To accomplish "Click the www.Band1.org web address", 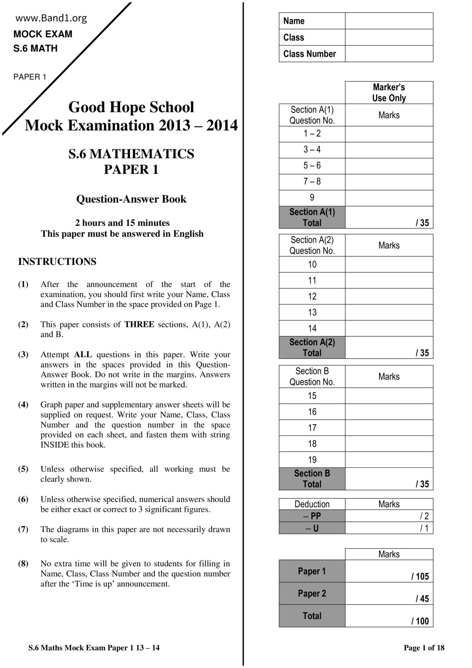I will point(51,18).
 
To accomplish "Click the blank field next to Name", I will point(389,21).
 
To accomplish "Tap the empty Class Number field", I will point(389,54).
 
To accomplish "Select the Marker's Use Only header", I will point(389,93).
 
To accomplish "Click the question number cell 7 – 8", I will point(312,182).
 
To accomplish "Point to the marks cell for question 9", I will point(389,198).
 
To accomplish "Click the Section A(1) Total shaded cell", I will point(312,217).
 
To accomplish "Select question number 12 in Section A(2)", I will point(312,296).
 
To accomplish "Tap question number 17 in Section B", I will point(312,428).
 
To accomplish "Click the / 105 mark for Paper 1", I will point(420,577).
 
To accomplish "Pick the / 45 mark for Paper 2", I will point(422,599).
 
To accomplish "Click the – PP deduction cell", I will point(312,516).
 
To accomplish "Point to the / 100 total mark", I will point(420,622).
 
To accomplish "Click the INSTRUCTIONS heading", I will point(57,262).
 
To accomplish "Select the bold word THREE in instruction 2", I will point(139,324).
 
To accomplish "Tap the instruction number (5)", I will point(23,469).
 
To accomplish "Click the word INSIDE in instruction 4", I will point(55,445).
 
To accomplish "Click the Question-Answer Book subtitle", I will point(131,199).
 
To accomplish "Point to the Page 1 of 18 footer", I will point(424,648).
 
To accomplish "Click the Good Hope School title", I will point(131,107).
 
